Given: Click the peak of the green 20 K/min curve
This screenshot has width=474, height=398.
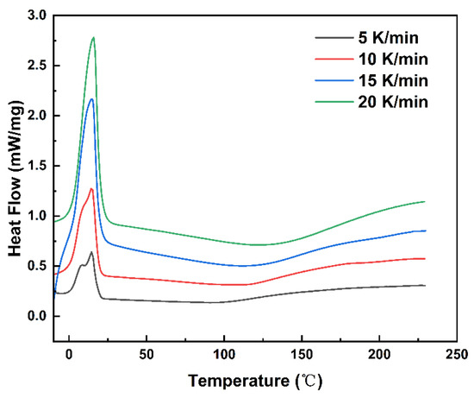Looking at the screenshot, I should point(93,37).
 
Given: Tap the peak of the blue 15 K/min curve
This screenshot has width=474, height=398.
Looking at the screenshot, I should point(91,98).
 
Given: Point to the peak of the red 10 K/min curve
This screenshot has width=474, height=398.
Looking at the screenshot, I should point(91,188).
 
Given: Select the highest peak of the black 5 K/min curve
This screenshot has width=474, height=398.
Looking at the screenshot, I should point(91,252).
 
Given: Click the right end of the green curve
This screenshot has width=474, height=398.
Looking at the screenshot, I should point(425,201).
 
